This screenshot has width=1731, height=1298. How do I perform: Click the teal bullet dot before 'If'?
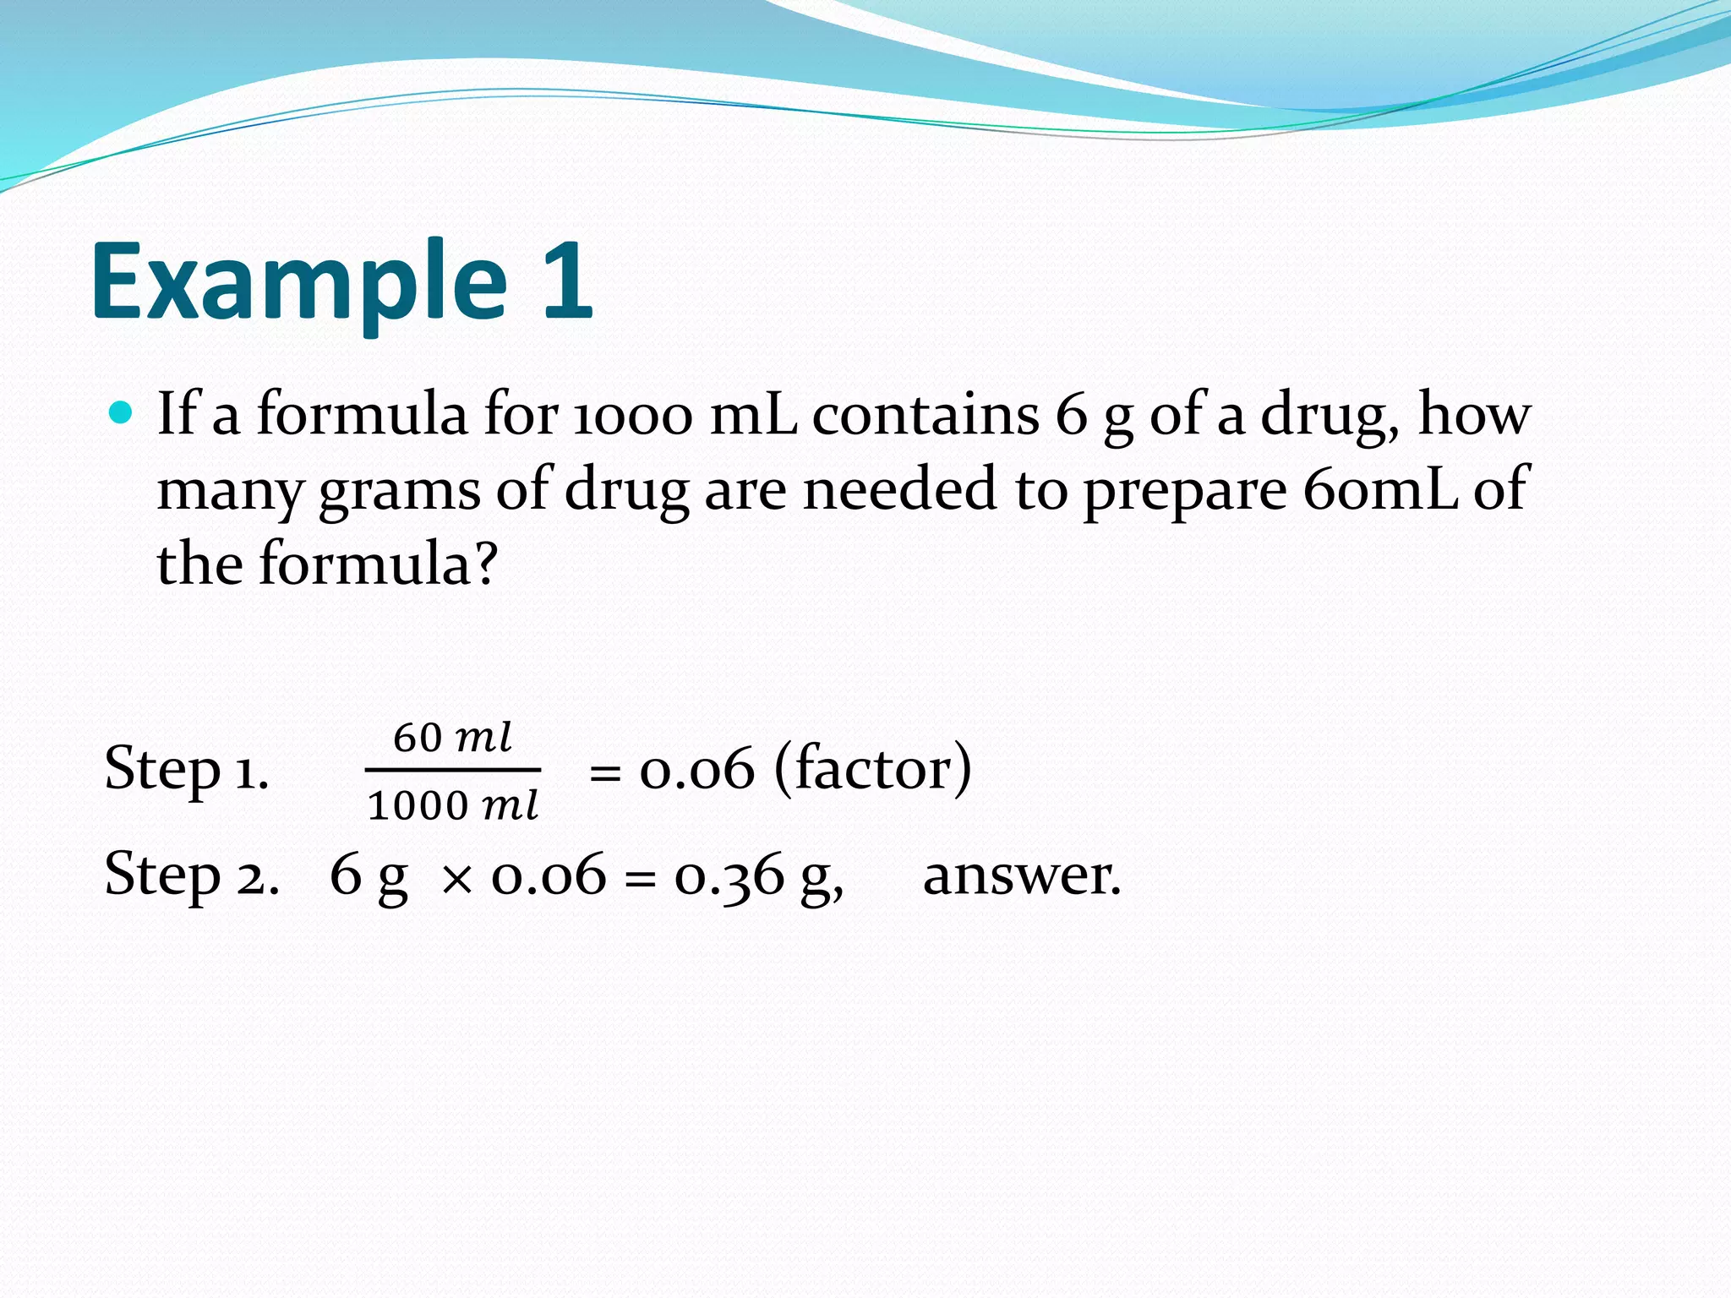pyautogui.click(x=122, y=413)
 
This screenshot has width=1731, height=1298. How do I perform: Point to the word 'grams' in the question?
pyautogui.click(x=399, y=490)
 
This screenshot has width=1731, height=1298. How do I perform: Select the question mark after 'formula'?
pyautogui.click(x=485, y=564)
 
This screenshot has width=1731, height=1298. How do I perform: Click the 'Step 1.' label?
pyautogui.click(x=187, y=769)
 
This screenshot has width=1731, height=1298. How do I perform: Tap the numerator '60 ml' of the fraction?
pyautogui.click(x=453, y=737)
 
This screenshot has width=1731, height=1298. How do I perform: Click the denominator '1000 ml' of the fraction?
pyautogui.click(x=453, y=805)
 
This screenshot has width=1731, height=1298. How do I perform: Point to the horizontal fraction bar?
pyautogui.click(x=453, y=770)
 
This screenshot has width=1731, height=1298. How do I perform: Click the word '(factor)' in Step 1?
pyautogui.click(x=872, y=769)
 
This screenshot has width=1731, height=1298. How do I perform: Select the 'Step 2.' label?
pyautogui.click(x=192, y=875)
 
